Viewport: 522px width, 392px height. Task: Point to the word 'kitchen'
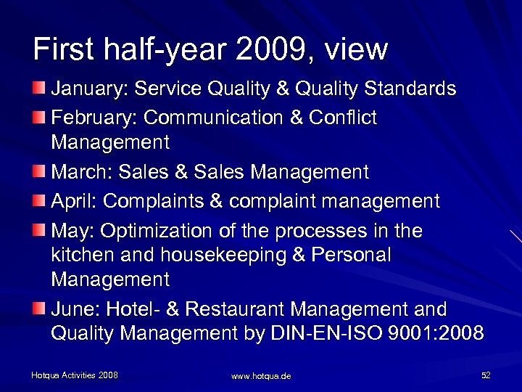[x=78, y=256]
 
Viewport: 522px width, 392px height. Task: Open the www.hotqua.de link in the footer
[x=261, y=376]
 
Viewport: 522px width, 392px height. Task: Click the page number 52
[x=486, y=375]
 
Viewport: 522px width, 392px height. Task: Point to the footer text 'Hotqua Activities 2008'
[x=75, y=375]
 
